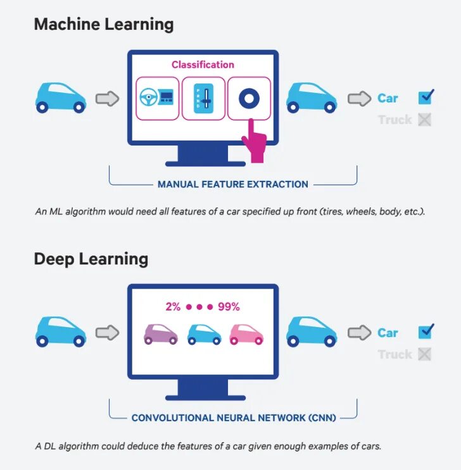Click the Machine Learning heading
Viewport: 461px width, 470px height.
pyautogui.click(x=103, y=25)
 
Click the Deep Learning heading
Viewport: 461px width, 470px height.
pyautogui.click(x=91, y=259)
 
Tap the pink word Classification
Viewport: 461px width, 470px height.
pyautogui.click(x=203, y=65)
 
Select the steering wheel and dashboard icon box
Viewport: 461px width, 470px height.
pyautogui.click(x=157, y=97)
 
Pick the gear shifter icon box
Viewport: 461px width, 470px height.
pyautogui.click(x=203, y=97)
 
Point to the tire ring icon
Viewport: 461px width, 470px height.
pyautogui.click(x=249, y=97)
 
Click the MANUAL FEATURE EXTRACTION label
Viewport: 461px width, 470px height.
pyautogui.click(x=233, y=185)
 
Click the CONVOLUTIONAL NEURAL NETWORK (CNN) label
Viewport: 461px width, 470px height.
pyautogui.click(x=234, y=417)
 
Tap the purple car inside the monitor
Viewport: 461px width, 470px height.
pyautogui.click(x=161, y=333)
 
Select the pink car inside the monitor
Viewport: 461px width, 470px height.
pyautogui.click(x=246, y=333)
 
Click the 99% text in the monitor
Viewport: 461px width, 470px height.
pyautogui.click(x=229, y=307)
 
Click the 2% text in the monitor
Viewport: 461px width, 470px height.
pyautogui.click(x=173, y=307)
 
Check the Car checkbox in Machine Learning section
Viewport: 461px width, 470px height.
pyautogui.click(x=425, y=97)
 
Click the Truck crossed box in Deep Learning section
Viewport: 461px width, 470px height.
pyautogui.click(x=424, y=354)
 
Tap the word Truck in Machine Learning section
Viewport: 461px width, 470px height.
pyautogui.click(x=395, y=120)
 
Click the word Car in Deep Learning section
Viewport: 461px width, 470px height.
pyautogui.click(x=388, y=333)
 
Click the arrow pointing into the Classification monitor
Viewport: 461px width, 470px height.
pyautogui.click(x=107, y=99)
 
